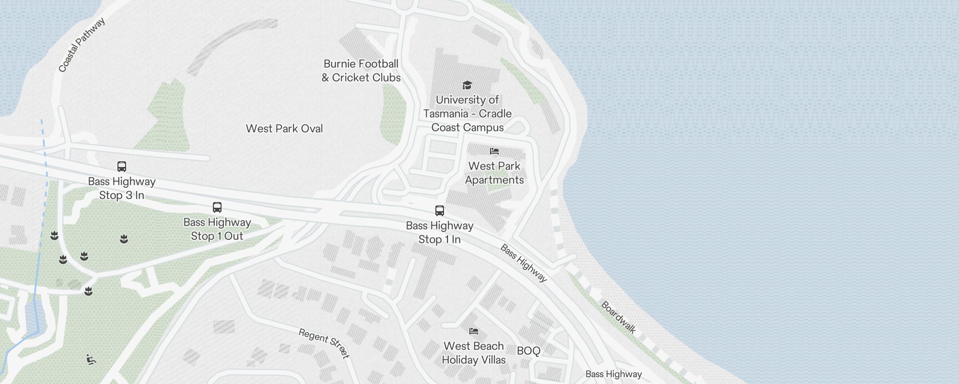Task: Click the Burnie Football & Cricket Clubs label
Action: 361,71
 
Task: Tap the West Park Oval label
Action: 284,129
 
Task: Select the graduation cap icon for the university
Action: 467,85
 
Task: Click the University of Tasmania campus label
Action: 468,114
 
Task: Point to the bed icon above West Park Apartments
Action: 494,151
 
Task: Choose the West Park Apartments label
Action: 494,173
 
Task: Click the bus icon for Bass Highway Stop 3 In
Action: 122,167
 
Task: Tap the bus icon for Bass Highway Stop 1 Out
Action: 217,207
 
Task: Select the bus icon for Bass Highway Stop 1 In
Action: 440,210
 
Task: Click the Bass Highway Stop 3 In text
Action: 122,188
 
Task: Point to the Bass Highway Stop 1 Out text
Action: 217,229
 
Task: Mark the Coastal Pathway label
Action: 82,45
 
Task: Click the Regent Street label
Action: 324,343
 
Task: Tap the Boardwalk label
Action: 619,317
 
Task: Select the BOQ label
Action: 528,351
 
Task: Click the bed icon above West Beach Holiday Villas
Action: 474,331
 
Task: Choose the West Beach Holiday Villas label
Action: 474,353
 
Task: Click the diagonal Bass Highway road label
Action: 524,263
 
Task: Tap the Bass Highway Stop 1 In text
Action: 440,232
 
